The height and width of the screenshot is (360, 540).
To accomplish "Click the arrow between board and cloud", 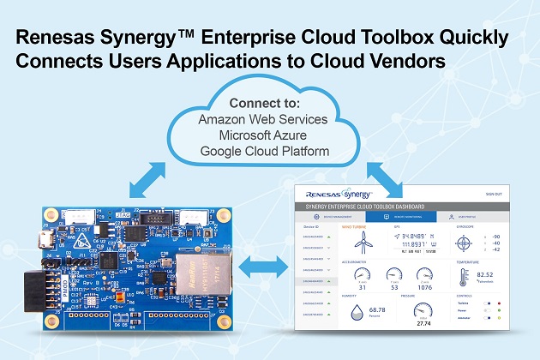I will coord(145,177).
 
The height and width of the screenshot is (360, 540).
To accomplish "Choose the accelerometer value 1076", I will coord(424,289).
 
